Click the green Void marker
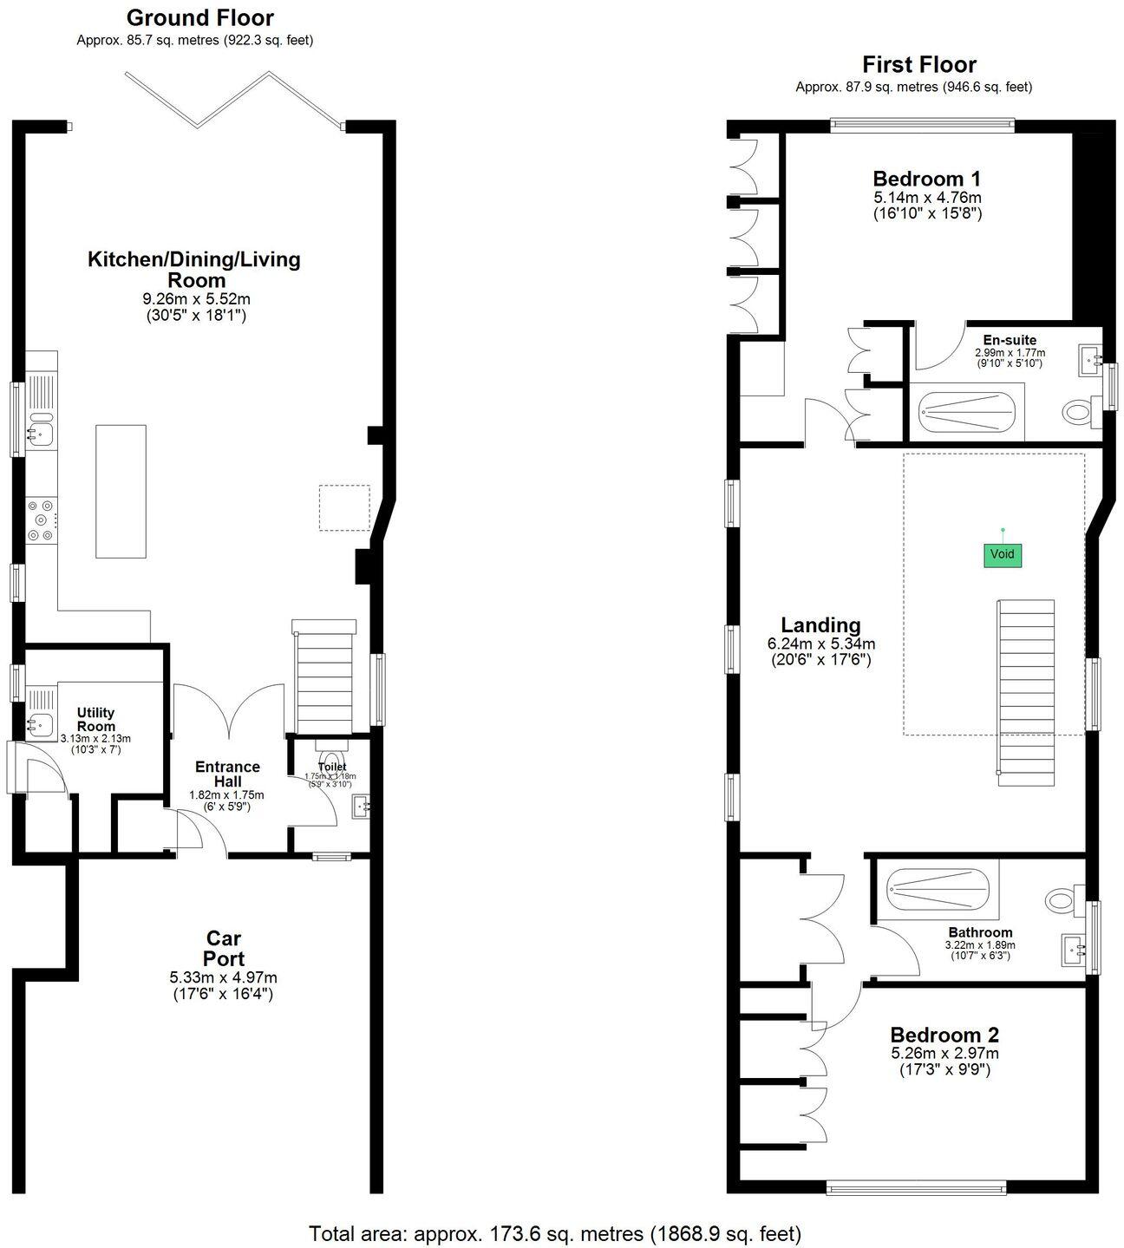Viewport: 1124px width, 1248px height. click(1002, 555)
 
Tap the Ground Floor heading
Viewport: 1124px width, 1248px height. click(200, 17)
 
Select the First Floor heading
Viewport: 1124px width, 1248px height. click(918, 64)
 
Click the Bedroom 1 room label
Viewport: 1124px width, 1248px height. click(926, 179)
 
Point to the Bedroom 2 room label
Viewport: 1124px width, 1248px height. click(944, 1035)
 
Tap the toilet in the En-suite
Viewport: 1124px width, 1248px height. click(1079, 411)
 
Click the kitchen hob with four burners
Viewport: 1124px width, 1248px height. click(41, 519)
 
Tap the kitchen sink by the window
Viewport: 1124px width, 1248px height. click(40, 429)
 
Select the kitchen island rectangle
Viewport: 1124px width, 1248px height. click(121, 490)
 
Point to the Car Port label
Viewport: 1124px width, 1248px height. click(224, 948)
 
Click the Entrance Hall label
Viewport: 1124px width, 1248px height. click(227, 774)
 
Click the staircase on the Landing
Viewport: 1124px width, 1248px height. click(1026, 690)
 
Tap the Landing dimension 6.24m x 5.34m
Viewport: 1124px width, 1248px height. click(820, 644)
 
